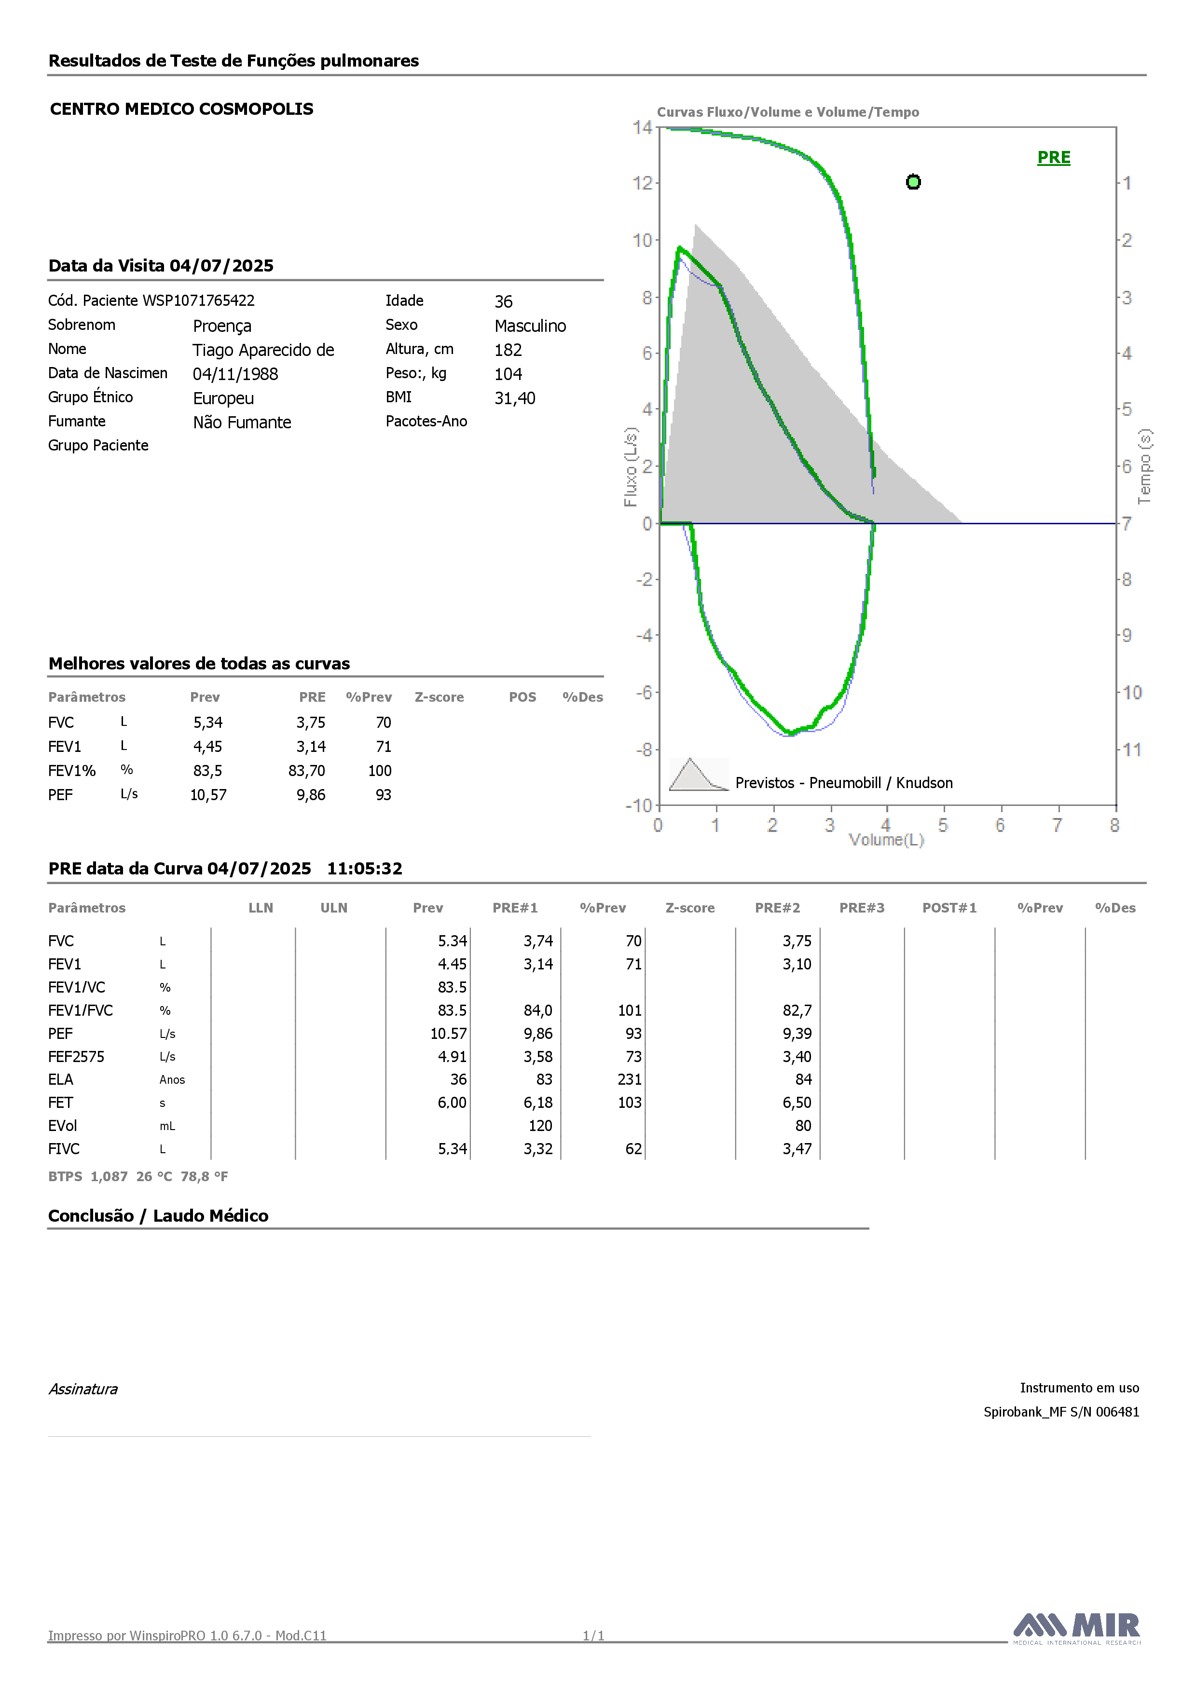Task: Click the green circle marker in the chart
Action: coord(913,182)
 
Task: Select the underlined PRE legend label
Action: coord(1054,158)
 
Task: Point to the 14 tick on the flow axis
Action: coord(642,127)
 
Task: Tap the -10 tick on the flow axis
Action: coord(639,805)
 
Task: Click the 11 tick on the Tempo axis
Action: coord(1132,750)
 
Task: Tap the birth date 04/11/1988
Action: coord(235,374)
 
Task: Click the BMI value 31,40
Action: coord(515,398)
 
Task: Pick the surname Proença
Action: coord(222,326)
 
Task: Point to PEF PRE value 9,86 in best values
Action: coord(311,795)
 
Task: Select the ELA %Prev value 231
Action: coord(630,1079)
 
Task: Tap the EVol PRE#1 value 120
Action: coord(540,1125)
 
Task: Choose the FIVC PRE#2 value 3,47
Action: coord(797,1149)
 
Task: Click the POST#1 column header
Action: coord(949,908)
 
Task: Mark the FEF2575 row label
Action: coord(77,1056)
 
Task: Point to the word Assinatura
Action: coord(83,1389)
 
